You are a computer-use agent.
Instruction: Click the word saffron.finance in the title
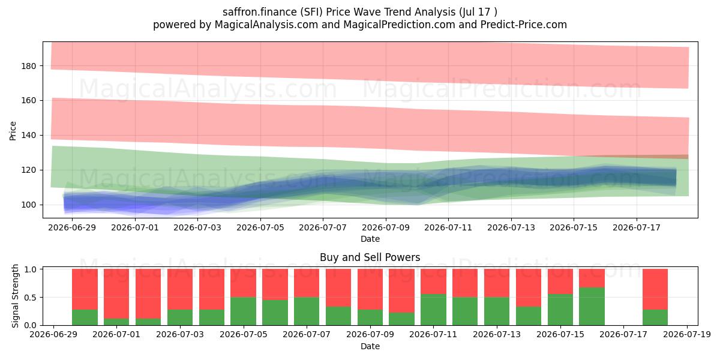[260, 12]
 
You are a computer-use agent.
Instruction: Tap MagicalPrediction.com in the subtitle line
[399, 25]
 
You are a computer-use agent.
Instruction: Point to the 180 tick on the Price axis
[29, 66]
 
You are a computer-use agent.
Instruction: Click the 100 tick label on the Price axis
[29, 205]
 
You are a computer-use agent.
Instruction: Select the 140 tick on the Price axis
[29, 136]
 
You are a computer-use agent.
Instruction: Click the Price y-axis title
[13, 131]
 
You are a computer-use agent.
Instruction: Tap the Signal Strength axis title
[15, 296]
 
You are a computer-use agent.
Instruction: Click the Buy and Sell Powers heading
[370, 257]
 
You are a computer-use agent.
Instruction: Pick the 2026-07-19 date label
[687, 335]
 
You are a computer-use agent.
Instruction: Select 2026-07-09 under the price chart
[386, 228]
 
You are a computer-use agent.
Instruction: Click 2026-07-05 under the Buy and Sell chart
[244, 335]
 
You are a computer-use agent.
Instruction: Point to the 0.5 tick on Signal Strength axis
[31, 298]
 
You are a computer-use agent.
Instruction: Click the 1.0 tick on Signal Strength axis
[31, 269]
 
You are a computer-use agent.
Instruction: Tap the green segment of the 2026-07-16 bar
[592, 307]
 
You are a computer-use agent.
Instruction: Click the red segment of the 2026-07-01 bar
[116, 294]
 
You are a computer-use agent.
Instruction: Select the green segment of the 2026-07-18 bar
[655, 317]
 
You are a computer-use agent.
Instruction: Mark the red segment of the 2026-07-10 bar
[402, 291]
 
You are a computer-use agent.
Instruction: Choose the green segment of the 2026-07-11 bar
[434, 310]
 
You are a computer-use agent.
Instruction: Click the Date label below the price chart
[370, 239]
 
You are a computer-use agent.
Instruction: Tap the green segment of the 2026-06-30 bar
[85, 317]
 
